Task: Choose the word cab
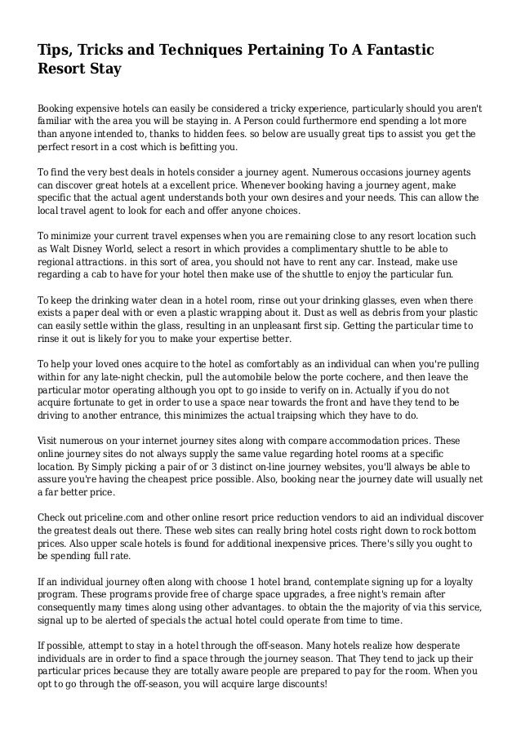108,273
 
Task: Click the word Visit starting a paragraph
50,442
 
